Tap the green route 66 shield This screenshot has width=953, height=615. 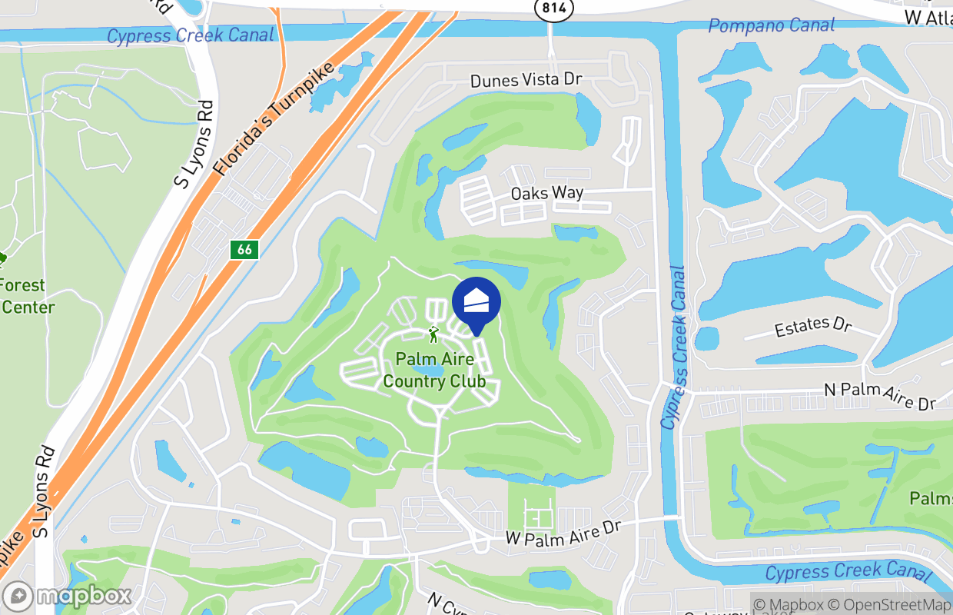coord(244,250)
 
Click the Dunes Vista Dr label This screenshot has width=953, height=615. coord(526,80)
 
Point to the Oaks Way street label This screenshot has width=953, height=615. coord(547,193)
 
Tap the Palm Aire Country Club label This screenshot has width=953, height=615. coord(434,370)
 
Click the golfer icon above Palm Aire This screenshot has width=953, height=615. coord(433,334)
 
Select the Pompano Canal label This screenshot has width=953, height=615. coord(771,25)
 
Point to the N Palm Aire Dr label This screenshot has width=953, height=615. coord(880,394)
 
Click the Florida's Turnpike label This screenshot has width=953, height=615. coord(274,119)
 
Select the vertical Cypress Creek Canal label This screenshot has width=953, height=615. coord(672,347)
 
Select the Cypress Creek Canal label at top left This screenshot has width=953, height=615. coord(190,35)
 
